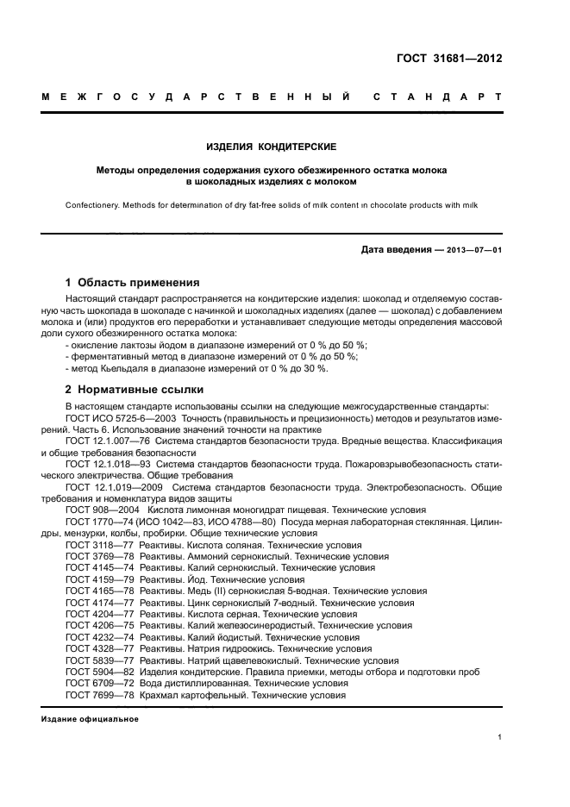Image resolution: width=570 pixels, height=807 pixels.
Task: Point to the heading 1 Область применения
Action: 133,282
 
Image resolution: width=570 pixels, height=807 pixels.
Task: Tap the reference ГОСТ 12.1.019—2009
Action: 111,486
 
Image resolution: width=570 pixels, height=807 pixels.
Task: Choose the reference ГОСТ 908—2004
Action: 100,510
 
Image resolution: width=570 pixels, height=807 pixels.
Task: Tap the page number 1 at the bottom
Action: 499,737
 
